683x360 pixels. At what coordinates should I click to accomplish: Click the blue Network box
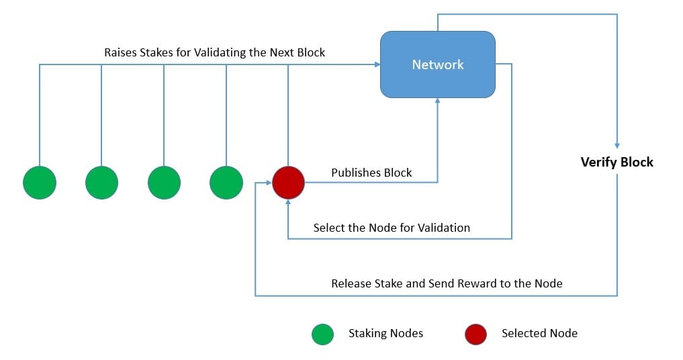tap(437, 64)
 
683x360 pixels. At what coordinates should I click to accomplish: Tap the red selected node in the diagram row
tap(288, 182)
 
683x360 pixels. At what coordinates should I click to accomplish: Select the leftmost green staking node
tap(40, 182)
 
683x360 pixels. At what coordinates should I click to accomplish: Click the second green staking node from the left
tap(101, 182)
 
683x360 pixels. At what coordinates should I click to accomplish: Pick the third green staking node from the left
tap(164, 182)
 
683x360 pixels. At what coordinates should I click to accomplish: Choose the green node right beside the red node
tap(226, 182)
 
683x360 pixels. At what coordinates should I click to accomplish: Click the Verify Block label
tap(617, 162)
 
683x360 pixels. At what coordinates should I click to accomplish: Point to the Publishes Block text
tap(371, 173)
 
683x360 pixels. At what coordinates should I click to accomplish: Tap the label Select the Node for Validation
tap(392, 228)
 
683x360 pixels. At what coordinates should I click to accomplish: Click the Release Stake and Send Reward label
tap(447, 283)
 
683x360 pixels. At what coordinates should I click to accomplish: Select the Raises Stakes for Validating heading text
tap(214, 52)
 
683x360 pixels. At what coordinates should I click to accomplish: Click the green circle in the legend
tap(323, 334)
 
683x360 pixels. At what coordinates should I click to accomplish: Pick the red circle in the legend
tap(475, 334)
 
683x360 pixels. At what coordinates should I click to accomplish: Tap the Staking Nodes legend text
tap(385, 333)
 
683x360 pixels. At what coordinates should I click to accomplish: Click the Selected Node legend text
tap(539, 333)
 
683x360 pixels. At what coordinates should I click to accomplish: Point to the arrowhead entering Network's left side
tap(377, 64)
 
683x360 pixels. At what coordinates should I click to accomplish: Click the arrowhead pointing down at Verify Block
tap(617, 144)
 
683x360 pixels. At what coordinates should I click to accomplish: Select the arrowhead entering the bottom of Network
tap(438, 101)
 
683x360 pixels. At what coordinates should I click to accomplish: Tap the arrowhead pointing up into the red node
tap(288, 202)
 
